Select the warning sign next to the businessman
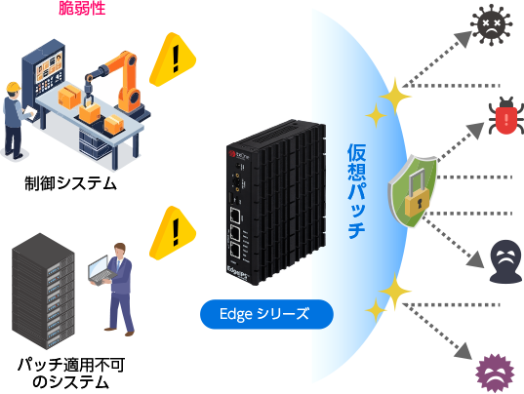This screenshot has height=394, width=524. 174,230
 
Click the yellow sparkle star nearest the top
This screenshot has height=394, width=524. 393,98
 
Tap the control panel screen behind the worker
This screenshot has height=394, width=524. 47,69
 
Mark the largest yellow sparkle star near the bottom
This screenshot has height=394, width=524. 393,289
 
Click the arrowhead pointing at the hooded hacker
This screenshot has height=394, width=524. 476,261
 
